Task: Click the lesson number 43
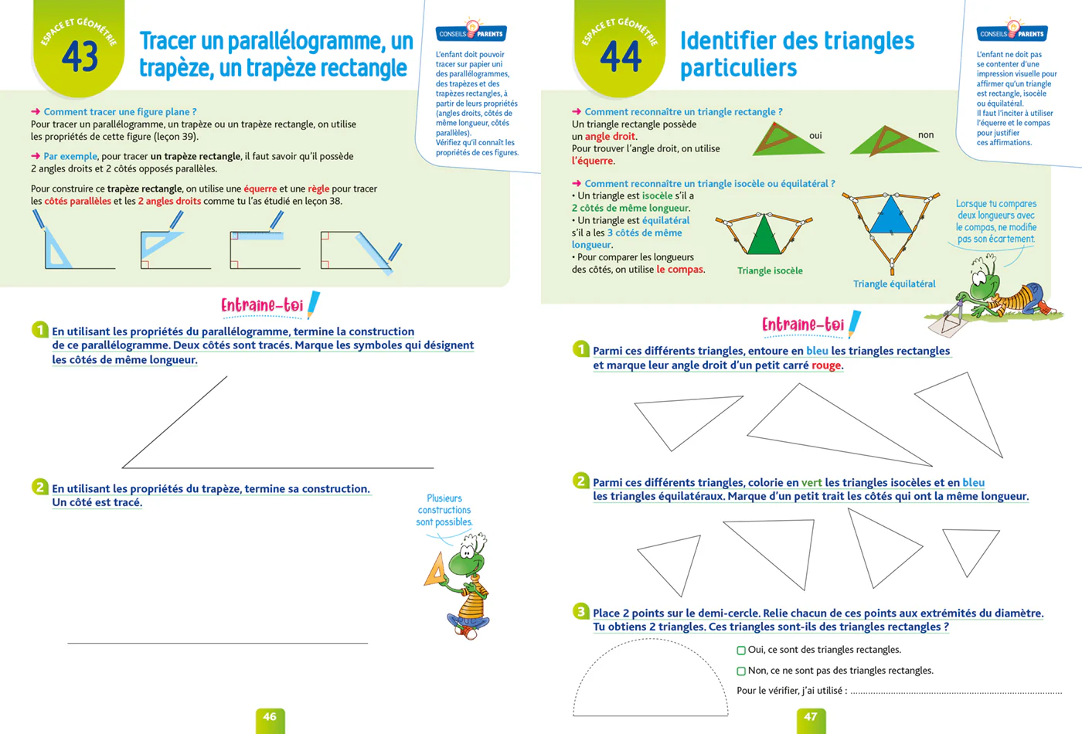click(80, 56)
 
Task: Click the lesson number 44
click(621, 56)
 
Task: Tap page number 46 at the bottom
click(270, 717)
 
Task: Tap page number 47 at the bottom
click(811, 717)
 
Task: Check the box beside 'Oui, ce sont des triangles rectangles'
click(741, 651)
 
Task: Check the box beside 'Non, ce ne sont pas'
click(741, 671)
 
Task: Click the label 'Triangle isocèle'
click(770, 270)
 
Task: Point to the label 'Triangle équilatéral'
click(894, 284)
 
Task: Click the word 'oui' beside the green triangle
click(815, 136)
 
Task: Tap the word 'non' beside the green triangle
click(926, 135)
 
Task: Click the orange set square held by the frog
click(436, 571)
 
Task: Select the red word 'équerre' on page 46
click(260, 189)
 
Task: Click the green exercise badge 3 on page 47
click(581, 611)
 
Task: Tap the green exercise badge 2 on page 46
click(39, 487)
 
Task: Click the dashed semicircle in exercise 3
click(650, 640)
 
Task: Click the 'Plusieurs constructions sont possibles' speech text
click(444, 510)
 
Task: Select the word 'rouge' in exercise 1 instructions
click(826, 365)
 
